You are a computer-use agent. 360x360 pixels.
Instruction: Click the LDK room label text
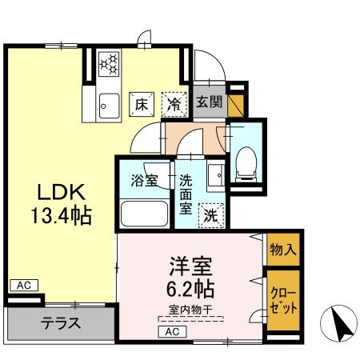(x=62, y=192)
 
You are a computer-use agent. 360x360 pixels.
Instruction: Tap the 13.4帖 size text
(x=62, y=215)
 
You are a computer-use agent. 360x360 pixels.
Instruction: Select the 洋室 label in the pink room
(x=191, y=266)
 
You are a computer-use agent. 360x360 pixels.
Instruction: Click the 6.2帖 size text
(x=190, y=289)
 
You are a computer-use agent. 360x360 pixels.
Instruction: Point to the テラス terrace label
(x=61, y=323)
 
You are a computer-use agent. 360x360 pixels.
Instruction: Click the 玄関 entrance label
(x=210, y=102)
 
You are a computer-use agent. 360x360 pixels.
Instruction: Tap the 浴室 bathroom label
(x=144, y=181)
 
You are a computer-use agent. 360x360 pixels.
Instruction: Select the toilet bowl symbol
(x=246, y=163)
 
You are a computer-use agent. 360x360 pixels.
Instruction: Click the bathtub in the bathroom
(x=144, y=214)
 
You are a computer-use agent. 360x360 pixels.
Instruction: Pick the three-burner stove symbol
(x=109, y=64)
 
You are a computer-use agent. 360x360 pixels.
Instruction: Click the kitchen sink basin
(x=109, y=106)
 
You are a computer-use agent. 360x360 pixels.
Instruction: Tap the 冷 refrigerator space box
(x=174, y=105)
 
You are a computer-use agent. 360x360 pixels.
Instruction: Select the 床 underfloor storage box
(x=142, y=105)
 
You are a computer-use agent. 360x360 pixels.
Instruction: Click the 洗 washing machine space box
(x=211, y=215)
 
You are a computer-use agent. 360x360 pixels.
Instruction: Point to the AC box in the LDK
(x=24, y=286)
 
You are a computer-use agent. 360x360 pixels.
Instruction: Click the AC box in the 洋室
(x=172, y=332)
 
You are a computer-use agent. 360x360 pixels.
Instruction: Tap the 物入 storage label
(x=283, y=250)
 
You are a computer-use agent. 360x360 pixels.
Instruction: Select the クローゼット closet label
(x=283, y=301)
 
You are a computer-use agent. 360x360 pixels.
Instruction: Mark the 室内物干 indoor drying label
(x=190, y=310)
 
